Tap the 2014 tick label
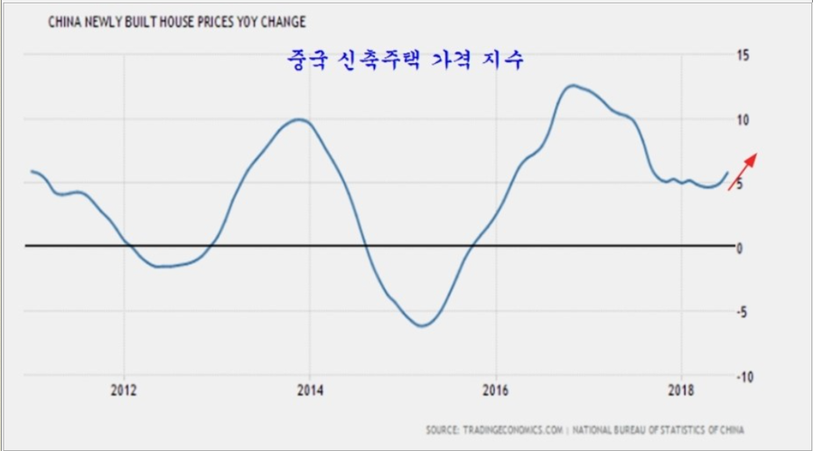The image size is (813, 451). (x=310, y=390)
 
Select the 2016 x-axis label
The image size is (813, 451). (x=496, y=390)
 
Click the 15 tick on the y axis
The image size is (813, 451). (x=743, y=55)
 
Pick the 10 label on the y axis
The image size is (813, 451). (x=743, y=119)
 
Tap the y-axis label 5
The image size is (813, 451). (x=741, y=183)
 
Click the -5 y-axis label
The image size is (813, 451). (x=743, y=312)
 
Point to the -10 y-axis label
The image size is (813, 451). (x=744, y=376)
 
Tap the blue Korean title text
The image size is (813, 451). (x=404, y=61)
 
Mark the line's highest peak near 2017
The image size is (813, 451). (x=572, y=86)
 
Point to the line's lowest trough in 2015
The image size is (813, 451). (x=421, y=325)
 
